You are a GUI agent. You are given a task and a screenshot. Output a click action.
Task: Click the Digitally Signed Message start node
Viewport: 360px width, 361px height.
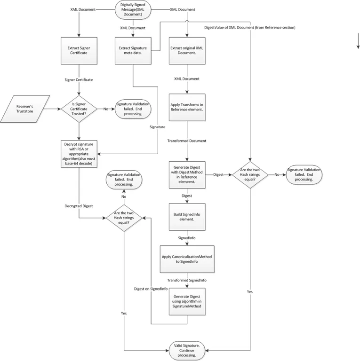pos(133,10)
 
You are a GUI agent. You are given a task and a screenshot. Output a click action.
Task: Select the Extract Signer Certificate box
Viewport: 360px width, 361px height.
pos(79,51)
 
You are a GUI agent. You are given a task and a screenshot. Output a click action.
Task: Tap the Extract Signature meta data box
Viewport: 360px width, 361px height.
pos(133,51)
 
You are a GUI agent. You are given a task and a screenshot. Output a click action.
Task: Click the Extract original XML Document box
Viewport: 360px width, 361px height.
pos(187,51)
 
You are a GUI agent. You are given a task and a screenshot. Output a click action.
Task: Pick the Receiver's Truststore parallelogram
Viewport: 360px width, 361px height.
pos(24,109)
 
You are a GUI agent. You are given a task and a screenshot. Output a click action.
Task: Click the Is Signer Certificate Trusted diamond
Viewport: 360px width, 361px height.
pos(79,109)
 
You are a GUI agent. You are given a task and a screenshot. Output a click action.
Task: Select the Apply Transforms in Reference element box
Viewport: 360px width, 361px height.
pos(187,107)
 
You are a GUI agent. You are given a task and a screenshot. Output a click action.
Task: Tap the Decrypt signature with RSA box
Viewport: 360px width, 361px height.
pos(79,154)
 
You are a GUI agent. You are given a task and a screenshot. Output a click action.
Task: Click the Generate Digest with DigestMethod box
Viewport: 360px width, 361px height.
pos(187,175)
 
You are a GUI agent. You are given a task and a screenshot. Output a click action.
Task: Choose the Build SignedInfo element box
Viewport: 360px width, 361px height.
pos(187,217)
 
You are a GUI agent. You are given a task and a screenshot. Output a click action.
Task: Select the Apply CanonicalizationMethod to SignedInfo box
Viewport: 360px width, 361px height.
pos(187,259)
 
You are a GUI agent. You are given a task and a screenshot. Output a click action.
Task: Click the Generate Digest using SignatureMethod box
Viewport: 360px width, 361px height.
pos(187,302)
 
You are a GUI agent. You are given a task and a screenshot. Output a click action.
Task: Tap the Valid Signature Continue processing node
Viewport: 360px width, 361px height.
pos(187,351)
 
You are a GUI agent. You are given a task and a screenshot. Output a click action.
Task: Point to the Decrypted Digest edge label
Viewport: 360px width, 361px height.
pos(79,206)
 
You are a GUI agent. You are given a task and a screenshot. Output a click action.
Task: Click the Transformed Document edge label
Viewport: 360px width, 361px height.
pos(187,141)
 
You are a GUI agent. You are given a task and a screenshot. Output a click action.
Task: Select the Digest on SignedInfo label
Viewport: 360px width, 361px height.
pos(151,289)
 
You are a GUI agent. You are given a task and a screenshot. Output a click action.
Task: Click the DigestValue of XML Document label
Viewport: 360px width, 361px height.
pos(250,27)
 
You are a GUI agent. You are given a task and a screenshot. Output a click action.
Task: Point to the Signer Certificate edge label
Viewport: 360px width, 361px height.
pos(79,79)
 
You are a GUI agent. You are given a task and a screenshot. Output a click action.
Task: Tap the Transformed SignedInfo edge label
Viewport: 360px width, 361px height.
pos(187,280)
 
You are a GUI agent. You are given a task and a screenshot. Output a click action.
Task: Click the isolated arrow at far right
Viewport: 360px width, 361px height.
pos(358,41)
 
